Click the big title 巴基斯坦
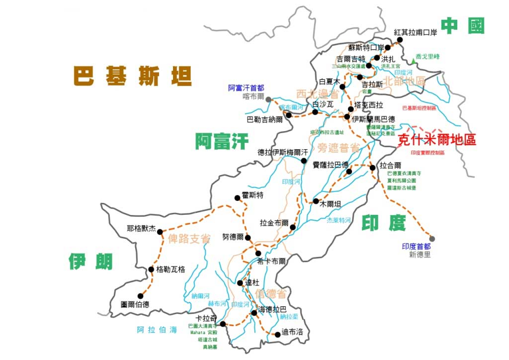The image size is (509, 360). point(133,76)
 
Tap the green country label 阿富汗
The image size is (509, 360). point(221,142)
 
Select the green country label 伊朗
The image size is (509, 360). point(91,261)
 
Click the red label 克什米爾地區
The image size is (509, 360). point(437,140)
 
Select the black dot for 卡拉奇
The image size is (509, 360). point(223,324)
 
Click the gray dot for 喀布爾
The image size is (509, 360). point(268,99)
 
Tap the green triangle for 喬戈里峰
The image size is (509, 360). point(414,61)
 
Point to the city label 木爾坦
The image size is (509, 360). point(331,203)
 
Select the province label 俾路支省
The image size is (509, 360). point(189,238)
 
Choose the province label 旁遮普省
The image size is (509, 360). point(339,147)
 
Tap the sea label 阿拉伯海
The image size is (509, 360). point(157,329)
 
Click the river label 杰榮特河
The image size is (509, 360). point(338,220)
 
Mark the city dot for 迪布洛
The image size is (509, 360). point(277,334)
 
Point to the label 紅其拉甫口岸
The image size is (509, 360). point(415,32)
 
